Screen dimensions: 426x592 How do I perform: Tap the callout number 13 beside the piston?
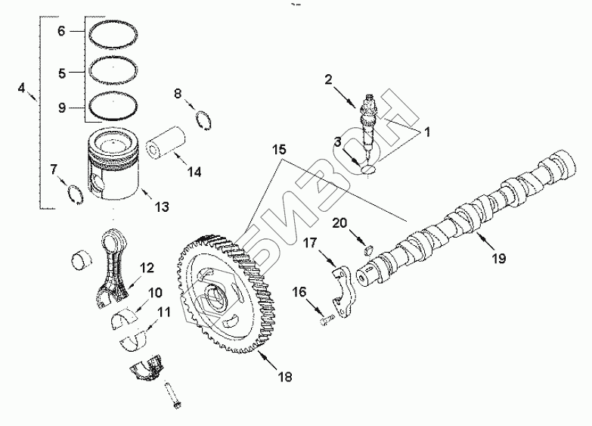tap(161, 205)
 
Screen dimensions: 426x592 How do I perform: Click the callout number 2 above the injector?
tap(329, 79)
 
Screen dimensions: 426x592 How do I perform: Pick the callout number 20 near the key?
tap(340, 222)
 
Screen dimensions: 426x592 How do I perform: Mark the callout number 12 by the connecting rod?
tap(147, 267)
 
